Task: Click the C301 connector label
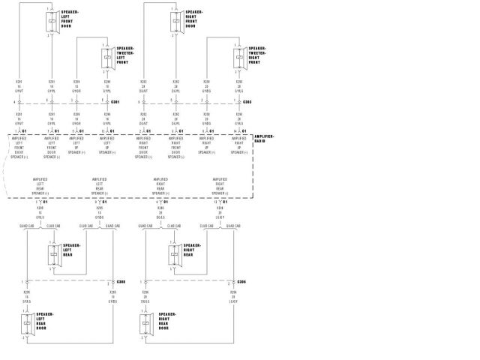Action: tap(115, 101)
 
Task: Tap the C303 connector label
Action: tap(247, 101)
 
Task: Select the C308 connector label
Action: tap(121, 282)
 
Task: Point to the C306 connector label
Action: tap(241, 282)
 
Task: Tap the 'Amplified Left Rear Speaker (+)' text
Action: tap(99, 185)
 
